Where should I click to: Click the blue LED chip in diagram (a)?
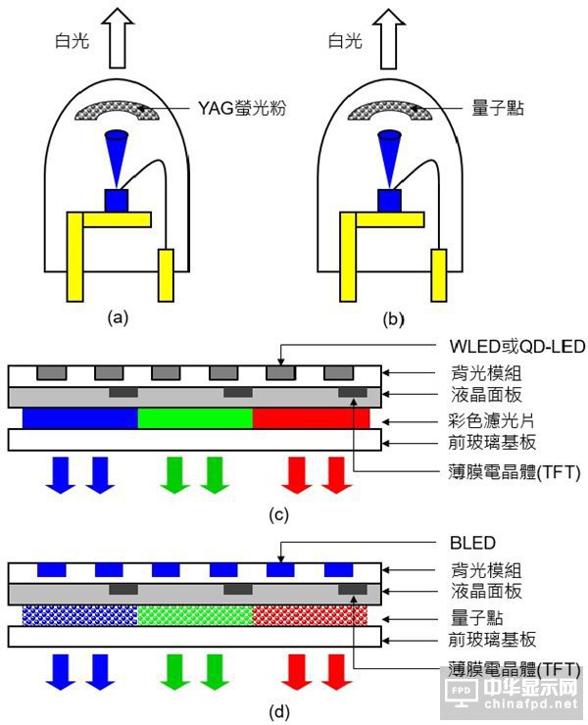(119, 201)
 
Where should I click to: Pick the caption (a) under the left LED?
(120, 316)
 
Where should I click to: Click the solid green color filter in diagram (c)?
(195, 418)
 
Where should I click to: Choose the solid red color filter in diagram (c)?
(311, 418)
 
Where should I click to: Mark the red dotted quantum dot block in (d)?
(311, 614)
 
